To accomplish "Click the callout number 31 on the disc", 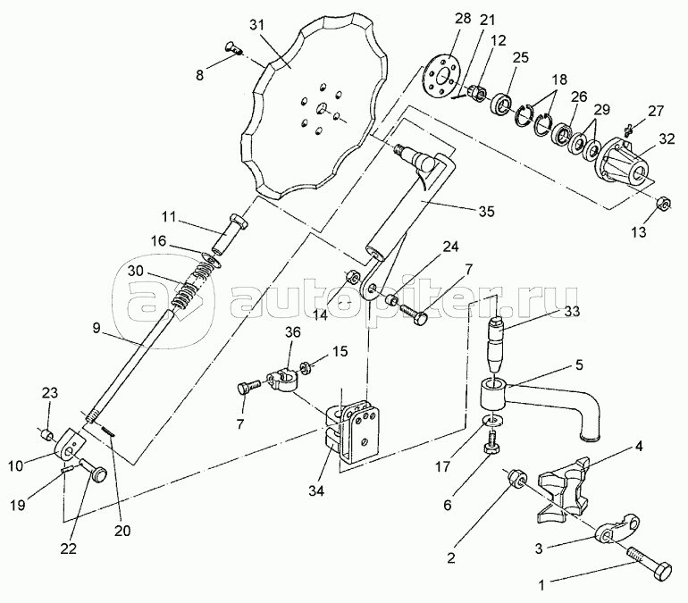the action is (x=257, y=25).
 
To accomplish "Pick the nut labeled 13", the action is (x=663, y=203).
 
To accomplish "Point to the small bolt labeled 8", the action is (x=233, y=47).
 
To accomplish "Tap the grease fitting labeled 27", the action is (x=628, y=128).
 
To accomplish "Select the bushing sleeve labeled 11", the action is (x=230, y=233).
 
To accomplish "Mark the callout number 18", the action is (x=559, y=80).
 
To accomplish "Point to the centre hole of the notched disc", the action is (x=322, y=107).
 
